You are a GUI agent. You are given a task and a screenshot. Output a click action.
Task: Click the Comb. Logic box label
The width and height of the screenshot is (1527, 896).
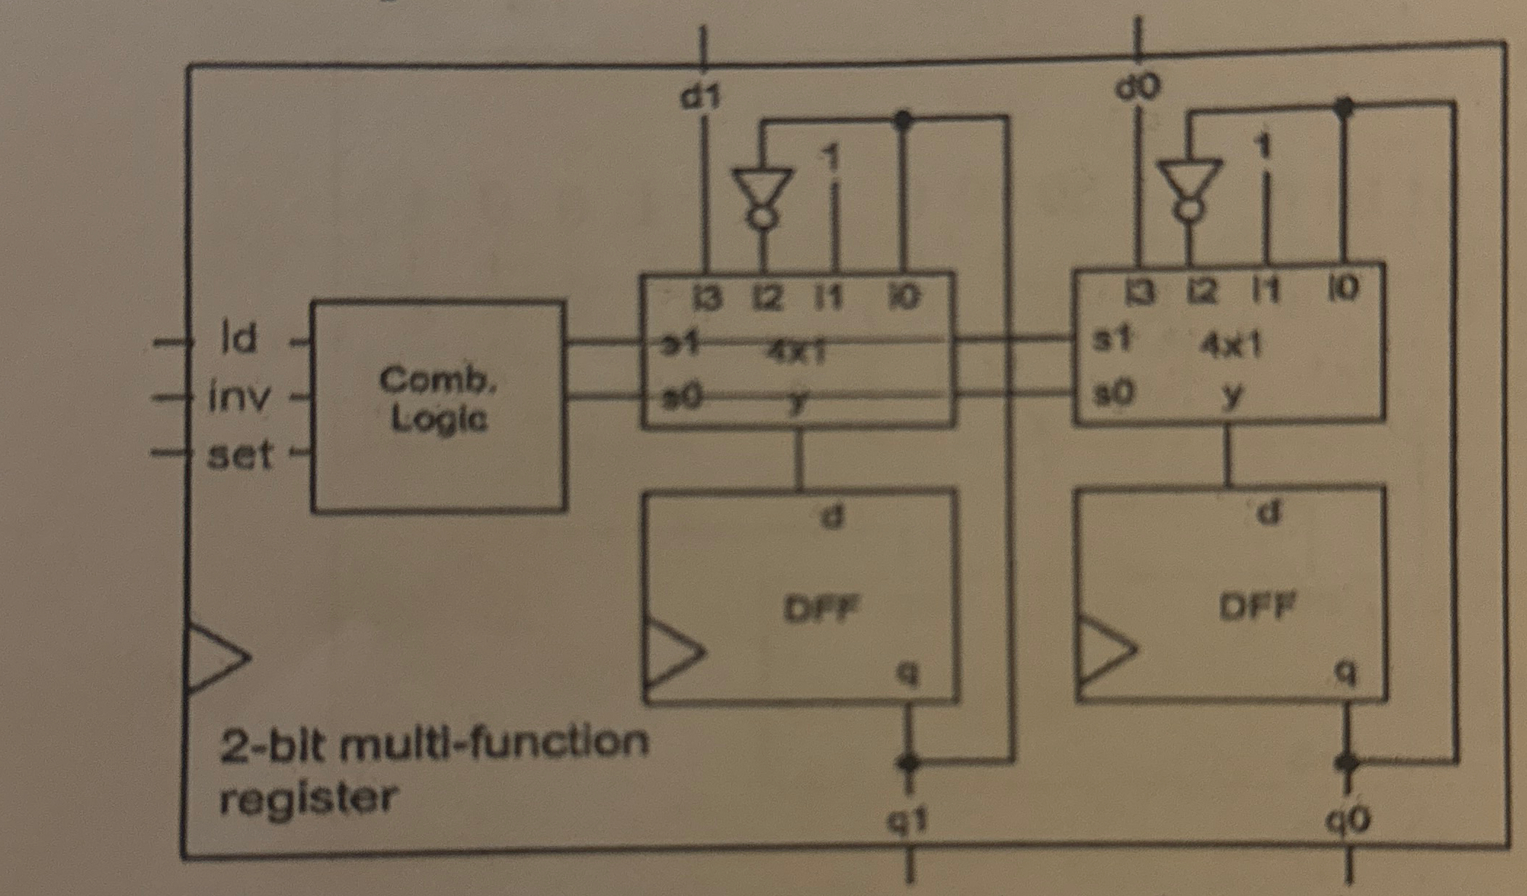click(438, 399)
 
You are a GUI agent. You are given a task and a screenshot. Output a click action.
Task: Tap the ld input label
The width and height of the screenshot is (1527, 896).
click(239, 337)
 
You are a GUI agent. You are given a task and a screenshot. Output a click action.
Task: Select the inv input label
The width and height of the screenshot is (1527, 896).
click(239, 397)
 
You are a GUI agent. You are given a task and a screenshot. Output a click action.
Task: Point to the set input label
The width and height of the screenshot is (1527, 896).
click(240, 456)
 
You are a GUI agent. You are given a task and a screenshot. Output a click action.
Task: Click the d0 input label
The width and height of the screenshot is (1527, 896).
click(1139, 88)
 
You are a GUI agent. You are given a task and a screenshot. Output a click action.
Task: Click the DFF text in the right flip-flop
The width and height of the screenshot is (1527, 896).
click(1257, 605)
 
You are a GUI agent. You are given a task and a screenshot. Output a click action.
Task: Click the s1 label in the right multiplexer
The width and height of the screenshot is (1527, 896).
click(1113, 339)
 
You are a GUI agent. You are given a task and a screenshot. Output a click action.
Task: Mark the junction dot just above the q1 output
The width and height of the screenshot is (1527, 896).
click(907, 763)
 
